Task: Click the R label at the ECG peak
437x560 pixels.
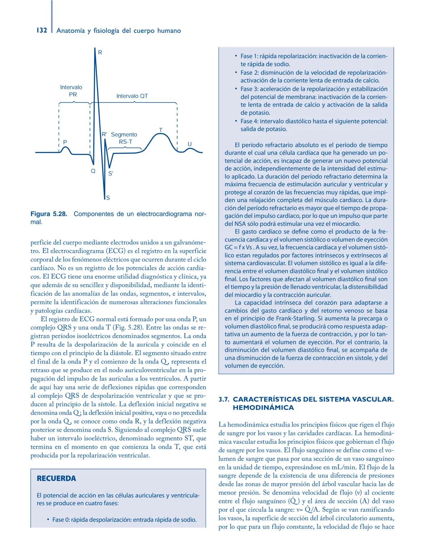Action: pyautogui.click(x=100, y=52)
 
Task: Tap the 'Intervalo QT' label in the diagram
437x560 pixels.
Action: pyautogui.click(x=132, y=96)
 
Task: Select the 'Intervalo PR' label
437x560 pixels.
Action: pyautogui.click(x=71, y=91)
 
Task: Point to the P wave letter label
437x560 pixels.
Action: pyautogui.click(x=65, y=142)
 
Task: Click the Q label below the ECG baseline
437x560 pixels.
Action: pyautogui.click(x=93, y=171)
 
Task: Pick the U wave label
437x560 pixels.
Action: pyautogui.click(x=189, y=144)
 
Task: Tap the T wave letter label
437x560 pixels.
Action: pyautogui.click(x=161, y=130)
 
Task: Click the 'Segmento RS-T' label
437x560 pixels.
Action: pyautogui.click(x=125, y=138)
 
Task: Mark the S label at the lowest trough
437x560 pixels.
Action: pyautogui.click(x=108, y=198)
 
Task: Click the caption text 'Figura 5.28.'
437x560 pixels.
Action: pyautogui.click(x=49, y=213)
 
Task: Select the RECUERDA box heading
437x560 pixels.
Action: pyautogui.click(x=56, y=478)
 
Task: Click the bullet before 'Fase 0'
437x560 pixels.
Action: pyautogui.click(x=48, y=520)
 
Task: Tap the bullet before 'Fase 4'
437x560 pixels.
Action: pyautogui.click(x=236, y=121)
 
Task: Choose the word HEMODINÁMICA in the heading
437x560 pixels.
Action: pyautogui.click(x=263, y=408)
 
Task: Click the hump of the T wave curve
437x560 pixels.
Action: pyautogui.click(x=161, y=135)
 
